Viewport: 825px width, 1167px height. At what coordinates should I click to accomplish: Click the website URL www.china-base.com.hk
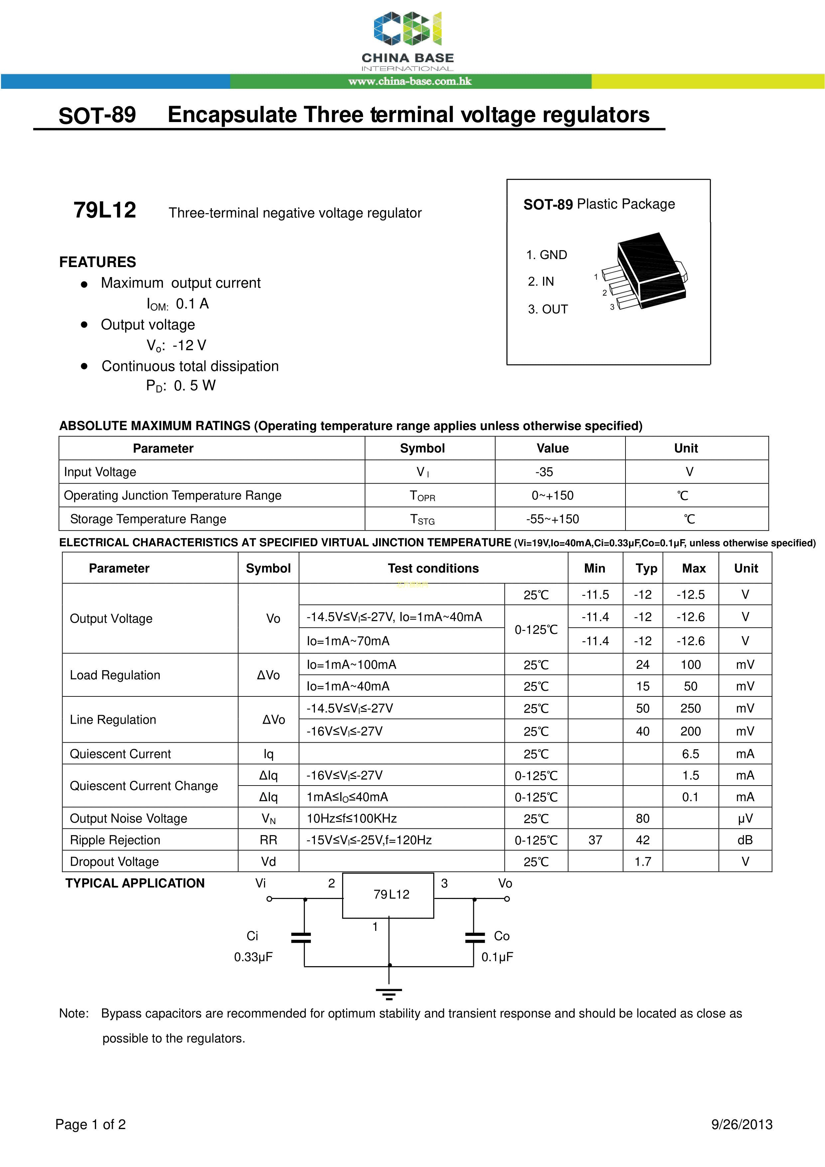410,81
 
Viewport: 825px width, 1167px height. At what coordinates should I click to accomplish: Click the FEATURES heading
98,262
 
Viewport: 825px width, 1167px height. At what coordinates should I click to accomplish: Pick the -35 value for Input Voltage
544,472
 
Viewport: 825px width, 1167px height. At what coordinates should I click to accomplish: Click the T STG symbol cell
422,519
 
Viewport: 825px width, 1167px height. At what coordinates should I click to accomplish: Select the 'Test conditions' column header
433,568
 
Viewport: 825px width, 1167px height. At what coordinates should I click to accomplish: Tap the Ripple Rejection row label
115,840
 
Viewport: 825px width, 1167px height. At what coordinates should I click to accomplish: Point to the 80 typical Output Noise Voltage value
642,818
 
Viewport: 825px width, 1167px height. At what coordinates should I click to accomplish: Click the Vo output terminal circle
507,899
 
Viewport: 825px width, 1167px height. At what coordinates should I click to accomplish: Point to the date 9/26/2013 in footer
742,1124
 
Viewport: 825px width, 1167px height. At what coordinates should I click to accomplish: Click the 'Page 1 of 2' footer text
90,1124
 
